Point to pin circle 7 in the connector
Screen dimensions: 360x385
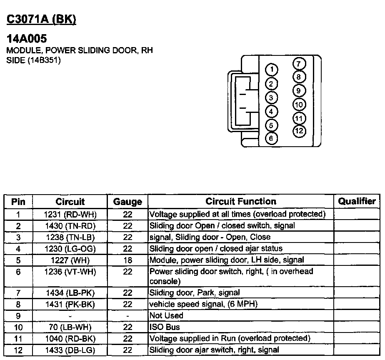[x=299, y=64]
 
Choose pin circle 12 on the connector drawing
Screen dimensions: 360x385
[x=299, y=131]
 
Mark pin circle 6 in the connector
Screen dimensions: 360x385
[x=271, y=138]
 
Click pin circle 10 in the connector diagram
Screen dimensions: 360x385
[x=299, y=105]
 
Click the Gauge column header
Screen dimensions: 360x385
[x=127, y=202]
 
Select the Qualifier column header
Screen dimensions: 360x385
[x=357, y=201]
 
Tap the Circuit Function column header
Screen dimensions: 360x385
[x=241, y=201]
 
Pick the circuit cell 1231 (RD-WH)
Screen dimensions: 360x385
[x=70, y=215]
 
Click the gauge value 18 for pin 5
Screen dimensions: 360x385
[x=127, y=260]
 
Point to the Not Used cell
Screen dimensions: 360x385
[x=166, y=316]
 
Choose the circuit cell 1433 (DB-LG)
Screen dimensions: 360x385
[x=70, y=350]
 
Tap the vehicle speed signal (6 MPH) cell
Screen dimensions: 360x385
[x=203, y=304]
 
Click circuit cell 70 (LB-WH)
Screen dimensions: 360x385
[x=70, y=327]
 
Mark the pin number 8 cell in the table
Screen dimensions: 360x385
[x=18, y=305]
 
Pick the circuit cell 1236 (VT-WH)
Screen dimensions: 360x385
[x=70, y=272]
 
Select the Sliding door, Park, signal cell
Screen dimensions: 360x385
[x=195, y=293]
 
